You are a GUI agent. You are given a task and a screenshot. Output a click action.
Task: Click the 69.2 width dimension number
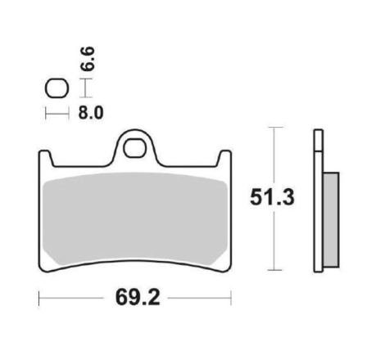138,298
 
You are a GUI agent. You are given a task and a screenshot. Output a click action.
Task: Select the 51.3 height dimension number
272,197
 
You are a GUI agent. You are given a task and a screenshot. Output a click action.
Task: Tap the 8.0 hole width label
91,113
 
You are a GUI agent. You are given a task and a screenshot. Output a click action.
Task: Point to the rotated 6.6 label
88,59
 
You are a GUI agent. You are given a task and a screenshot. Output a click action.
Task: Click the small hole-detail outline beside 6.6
57,88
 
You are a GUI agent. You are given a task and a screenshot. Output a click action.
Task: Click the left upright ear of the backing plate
46,158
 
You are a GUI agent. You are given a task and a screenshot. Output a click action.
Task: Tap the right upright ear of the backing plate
225,158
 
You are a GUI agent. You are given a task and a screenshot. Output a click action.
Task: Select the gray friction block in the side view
331,219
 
